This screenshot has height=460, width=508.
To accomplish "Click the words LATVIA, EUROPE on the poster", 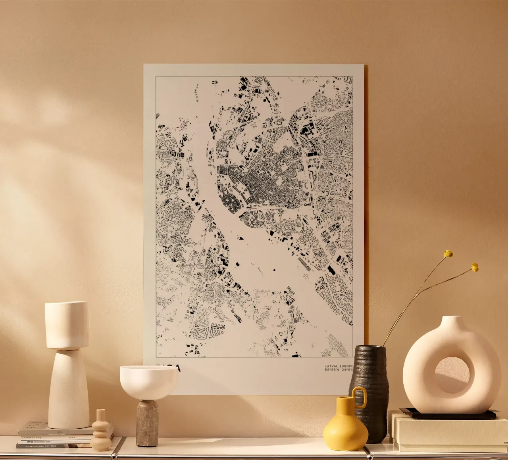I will [338, 366].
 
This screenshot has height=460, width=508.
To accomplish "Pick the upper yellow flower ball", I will [448, 254].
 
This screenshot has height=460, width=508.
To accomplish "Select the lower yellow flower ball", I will [475, 268].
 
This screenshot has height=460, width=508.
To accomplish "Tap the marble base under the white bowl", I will [147, 423].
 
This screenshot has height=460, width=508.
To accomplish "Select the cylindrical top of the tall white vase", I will [67, 325].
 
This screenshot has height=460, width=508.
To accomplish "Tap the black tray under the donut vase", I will [448, 414].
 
